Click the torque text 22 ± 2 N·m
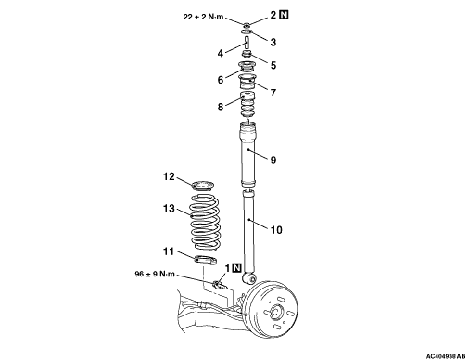203,17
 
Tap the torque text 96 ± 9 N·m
155,274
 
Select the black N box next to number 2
284,15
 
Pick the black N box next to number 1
236,268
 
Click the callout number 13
169,209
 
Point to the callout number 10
276,230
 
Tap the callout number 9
273,161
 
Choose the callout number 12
169,176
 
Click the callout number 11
169,251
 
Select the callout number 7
273,93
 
